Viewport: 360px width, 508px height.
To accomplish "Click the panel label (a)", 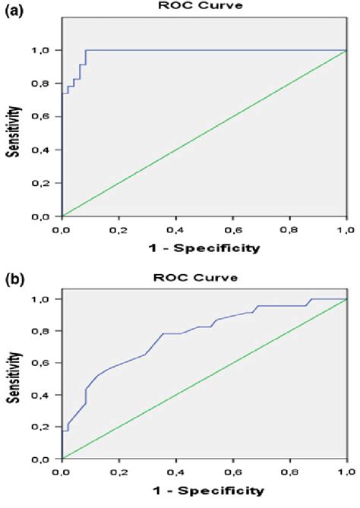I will (14, 14).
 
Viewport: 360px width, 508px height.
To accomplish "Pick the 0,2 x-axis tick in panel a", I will (118, 229).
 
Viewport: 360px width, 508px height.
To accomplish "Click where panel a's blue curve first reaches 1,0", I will (86, 50).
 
